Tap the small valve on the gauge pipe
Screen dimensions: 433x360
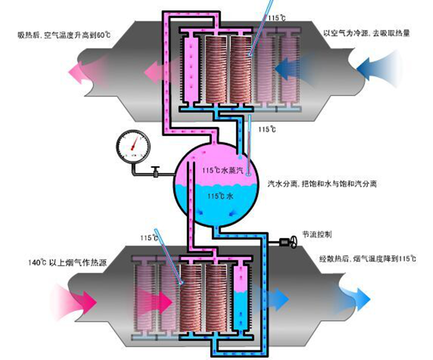pos(156,172)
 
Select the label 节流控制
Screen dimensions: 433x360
pos(317,234)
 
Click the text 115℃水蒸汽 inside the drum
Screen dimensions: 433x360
pos(223,170)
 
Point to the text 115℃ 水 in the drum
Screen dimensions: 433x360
pos(220,196)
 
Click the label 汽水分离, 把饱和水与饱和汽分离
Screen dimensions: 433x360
pos(322,184)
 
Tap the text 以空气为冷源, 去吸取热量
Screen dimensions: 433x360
pos(367,33)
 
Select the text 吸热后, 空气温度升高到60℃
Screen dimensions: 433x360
pos(64,35)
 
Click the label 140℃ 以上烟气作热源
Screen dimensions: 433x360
pos(67,262)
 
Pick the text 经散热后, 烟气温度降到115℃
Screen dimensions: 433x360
pos(368,258)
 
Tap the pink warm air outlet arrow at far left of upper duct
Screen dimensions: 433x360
pos(80,72)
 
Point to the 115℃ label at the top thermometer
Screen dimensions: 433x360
pos(277,18)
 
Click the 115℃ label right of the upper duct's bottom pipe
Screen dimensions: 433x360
pos(267,129)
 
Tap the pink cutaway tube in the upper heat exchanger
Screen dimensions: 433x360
pos(191,69)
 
